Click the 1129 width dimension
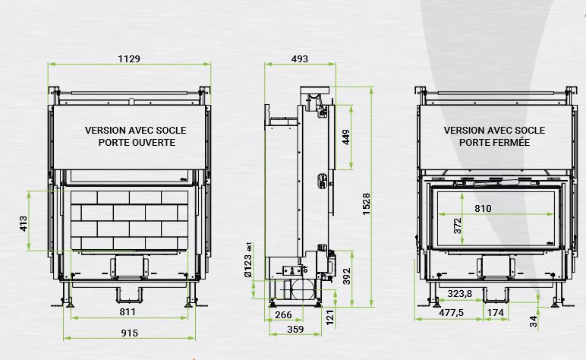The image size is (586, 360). point(129,58)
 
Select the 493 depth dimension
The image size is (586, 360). point(300,58)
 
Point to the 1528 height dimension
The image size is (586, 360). point(366,204)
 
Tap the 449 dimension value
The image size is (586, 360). point(345,137)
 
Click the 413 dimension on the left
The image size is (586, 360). point(24,223)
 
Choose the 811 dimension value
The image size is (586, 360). point(128,311)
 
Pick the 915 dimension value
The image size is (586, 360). point(129,333)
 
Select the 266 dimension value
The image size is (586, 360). point(283,314)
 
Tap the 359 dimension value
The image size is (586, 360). point(295,330)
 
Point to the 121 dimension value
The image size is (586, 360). point(329,317)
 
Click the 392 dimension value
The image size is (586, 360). point(346,276)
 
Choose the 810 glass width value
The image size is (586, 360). point(483,208)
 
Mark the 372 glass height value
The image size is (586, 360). point(458,226)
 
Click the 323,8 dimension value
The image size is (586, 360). point(460,293)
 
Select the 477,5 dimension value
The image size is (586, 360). point(451,312)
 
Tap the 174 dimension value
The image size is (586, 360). point(496,312)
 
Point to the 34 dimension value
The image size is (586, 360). point(534,321)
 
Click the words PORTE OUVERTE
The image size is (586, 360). point(137,143)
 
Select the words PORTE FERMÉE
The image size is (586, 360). point(494,142)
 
